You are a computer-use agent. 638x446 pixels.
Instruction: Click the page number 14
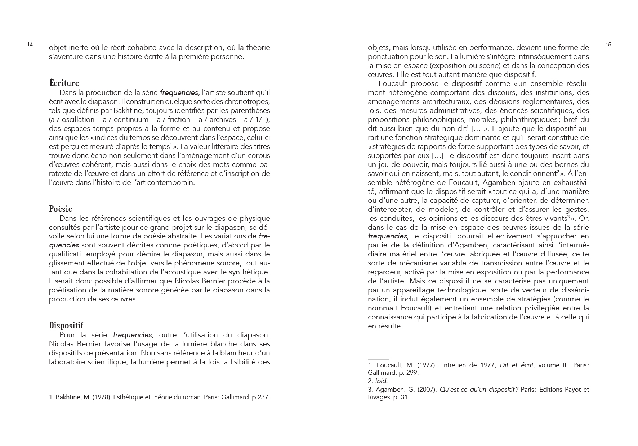(x=30, y=45)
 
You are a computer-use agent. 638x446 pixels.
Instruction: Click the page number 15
(x=608, y=45)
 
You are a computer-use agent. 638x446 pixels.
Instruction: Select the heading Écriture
(x=64, y=83)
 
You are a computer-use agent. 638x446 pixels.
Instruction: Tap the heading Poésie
(x=61, y=209)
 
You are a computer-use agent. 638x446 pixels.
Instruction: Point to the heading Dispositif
(x=66, y=326)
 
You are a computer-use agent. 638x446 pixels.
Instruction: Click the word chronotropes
(x=248, y=101)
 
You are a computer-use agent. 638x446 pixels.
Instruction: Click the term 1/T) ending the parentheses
(x=262, y=119)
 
